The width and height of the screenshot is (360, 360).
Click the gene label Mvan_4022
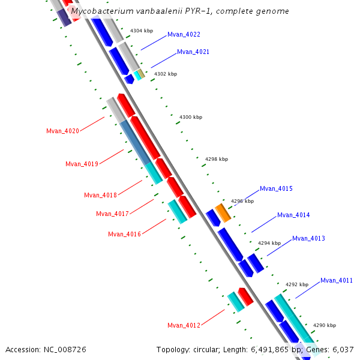click(x=184, y=34)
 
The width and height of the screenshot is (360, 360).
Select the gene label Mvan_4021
click(x=193, y=52)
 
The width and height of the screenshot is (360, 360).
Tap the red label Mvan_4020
click(x=62, y=131)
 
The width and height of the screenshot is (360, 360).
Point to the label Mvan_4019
click(x=81, y=164)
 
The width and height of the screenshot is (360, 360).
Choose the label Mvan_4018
click(x=100, y=195)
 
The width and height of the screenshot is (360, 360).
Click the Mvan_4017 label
click(x=112, y=214)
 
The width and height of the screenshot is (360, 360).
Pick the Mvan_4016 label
click(x=124, y=234)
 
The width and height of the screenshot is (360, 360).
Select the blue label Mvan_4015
click(x=276, y=189)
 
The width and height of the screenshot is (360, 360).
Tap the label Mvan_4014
click(x=293, y=215)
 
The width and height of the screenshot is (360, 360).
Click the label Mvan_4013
click(x=308, y=239)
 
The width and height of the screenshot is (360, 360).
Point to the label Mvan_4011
click(x=337, y=280)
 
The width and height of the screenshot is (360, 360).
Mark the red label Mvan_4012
click(x=184, y=325)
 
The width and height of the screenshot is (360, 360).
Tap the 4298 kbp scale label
click(x=217, y=159)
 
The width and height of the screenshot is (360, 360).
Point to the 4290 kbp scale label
click(x=324, y=325)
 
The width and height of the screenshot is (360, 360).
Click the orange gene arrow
click(x=223, y=212)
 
